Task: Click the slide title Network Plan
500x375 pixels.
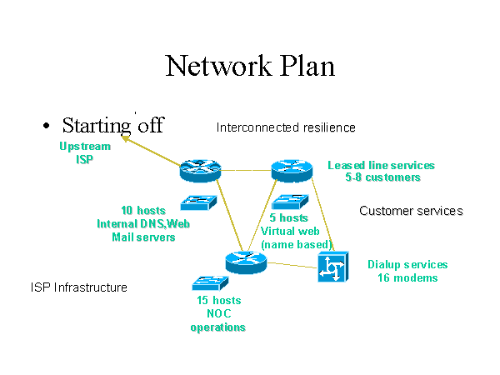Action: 250,65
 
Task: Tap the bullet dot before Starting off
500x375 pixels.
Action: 47,127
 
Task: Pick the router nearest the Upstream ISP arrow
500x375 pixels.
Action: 200,171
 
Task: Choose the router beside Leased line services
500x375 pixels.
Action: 291,170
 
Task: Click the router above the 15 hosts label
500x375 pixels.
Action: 245,262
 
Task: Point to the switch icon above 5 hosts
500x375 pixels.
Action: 290,202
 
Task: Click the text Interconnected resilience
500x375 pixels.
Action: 286,127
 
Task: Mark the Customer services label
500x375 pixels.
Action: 411,211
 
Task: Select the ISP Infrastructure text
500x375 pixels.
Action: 79,287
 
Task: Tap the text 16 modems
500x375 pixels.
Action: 407,277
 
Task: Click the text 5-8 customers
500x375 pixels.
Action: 382,177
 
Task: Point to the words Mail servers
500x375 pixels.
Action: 143,237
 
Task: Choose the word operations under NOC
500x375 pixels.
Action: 218,327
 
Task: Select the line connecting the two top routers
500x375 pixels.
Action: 245,171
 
